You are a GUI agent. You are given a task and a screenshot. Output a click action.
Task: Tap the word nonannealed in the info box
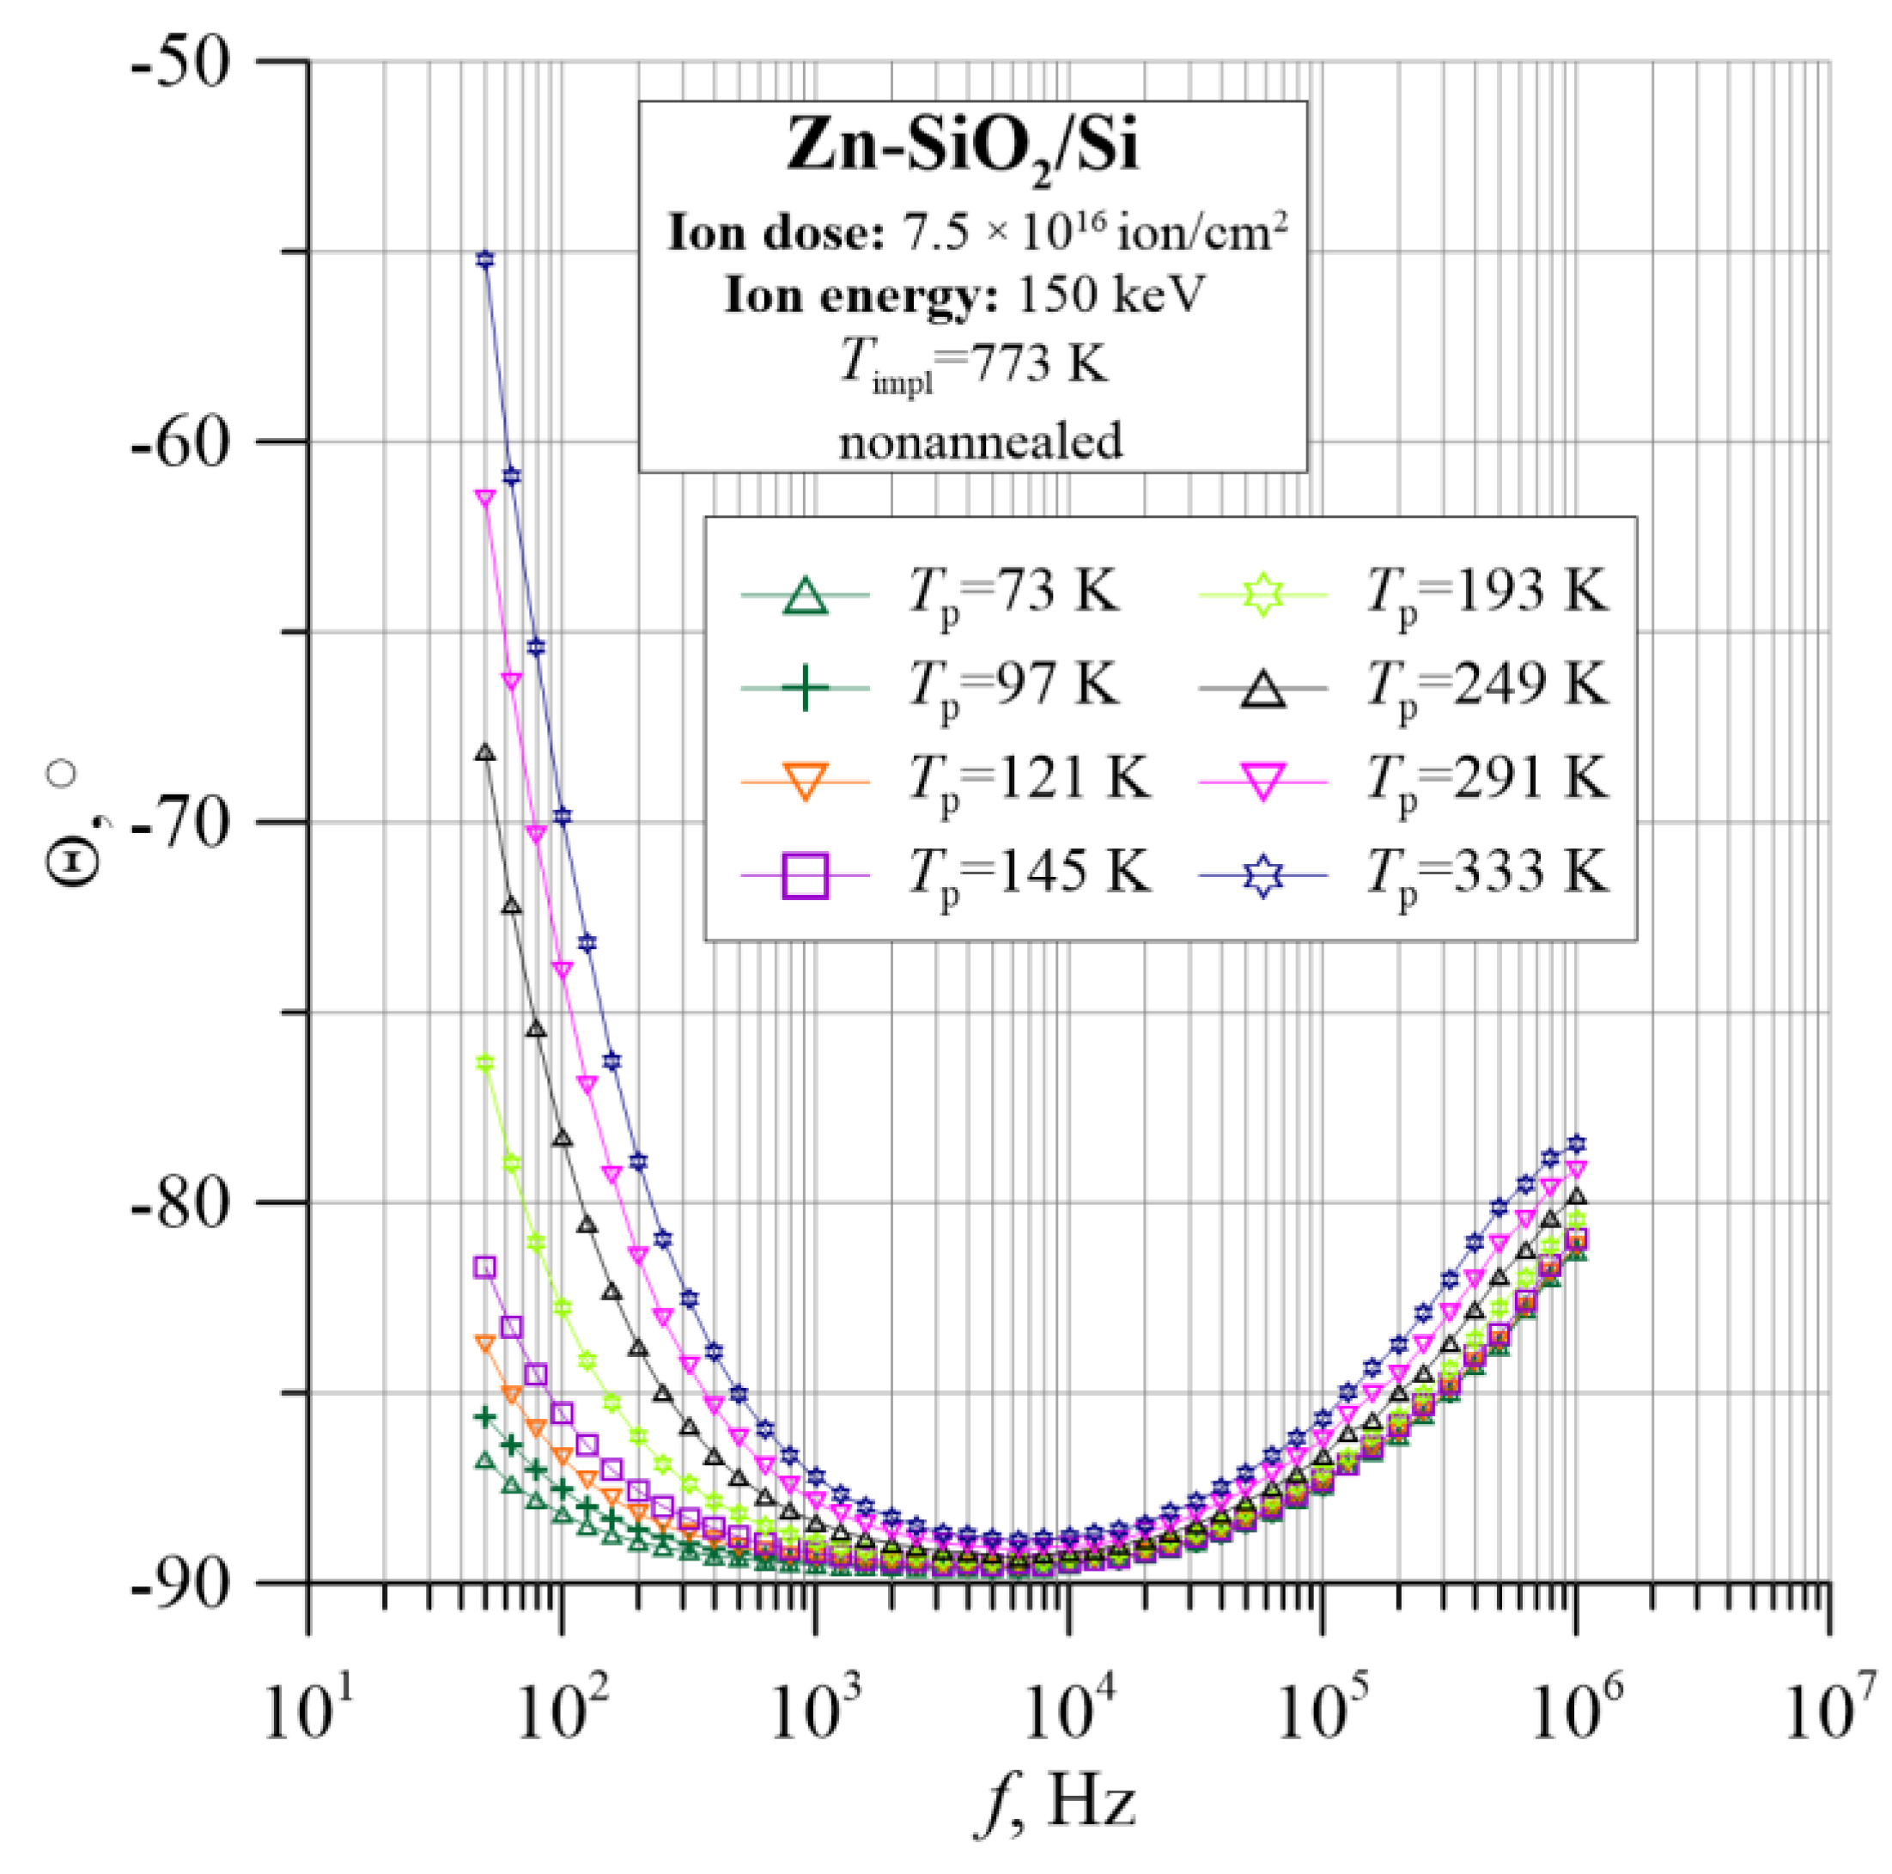pyautogui.click(x=980, y=441)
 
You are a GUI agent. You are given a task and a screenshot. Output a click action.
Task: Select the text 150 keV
pyautogui.click(x=1111, y=294)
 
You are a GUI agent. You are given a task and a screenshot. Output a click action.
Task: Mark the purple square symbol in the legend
pyautogui.click(x=805, y=874)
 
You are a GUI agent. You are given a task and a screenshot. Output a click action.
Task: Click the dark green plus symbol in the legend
pyautogui.click(x=805, y=687)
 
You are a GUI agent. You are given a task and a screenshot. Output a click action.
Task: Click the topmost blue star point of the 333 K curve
pyautogui.click(x=484, y=259)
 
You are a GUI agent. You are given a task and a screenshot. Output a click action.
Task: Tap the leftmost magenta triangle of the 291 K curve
pyautogui.click(x=484, y=497)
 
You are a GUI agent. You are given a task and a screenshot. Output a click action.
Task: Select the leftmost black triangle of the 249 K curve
pyautogui.click(x=484, y=752)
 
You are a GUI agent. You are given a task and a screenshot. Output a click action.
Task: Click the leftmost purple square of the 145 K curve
pyautogui.click(x=484, y=1268)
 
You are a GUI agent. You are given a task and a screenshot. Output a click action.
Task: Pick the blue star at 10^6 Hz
pyautogui.click(x=1576, y=1144)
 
